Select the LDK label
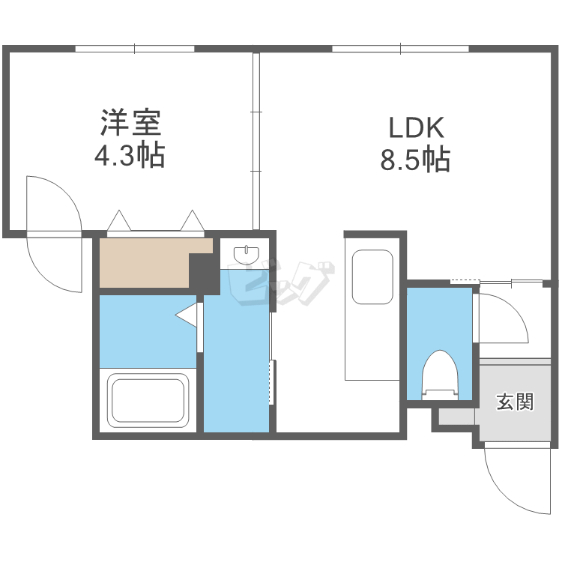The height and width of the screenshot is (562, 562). coord(416,127)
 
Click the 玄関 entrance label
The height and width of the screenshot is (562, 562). coord(515,402)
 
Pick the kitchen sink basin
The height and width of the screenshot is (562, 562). coord(372,277)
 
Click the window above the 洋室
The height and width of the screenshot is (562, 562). coord(135,49)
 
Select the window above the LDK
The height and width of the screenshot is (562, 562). coord(401,49)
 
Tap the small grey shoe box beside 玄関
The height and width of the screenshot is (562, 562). coord(454,417)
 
